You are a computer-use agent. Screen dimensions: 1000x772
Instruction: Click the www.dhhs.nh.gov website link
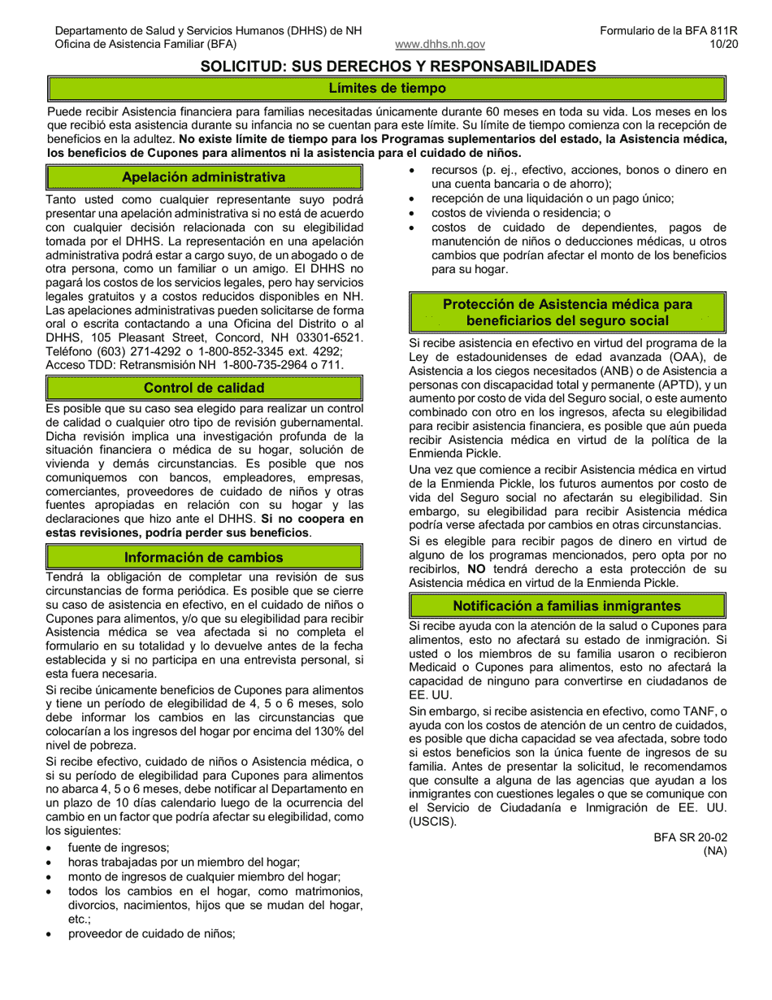pos(440,45)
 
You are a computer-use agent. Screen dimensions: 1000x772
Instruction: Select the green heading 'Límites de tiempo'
pos(387,89)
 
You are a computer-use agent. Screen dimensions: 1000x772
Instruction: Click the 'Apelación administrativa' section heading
pos(203,177)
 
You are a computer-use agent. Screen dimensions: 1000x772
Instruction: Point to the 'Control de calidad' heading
pos(203,388)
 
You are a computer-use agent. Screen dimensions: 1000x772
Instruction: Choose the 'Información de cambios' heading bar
pos(203,557)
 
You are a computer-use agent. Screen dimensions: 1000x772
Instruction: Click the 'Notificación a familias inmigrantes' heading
pos(566,606)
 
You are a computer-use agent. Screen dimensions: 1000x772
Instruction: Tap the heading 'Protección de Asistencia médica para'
pos(567,304)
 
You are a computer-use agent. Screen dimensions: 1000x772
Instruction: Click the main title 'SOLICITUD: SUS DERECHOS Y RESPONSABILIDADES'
pos(398,66)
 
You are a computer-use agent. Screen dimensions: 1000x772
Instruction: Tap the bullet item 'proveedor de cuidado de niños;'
pos(151,933)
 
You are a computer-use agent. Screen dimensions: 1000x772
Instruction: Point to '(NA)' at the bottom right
pos(714,850)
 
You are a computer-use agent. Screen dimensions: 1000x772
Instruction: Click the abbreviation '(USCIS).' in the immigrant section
pos(432,821)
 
